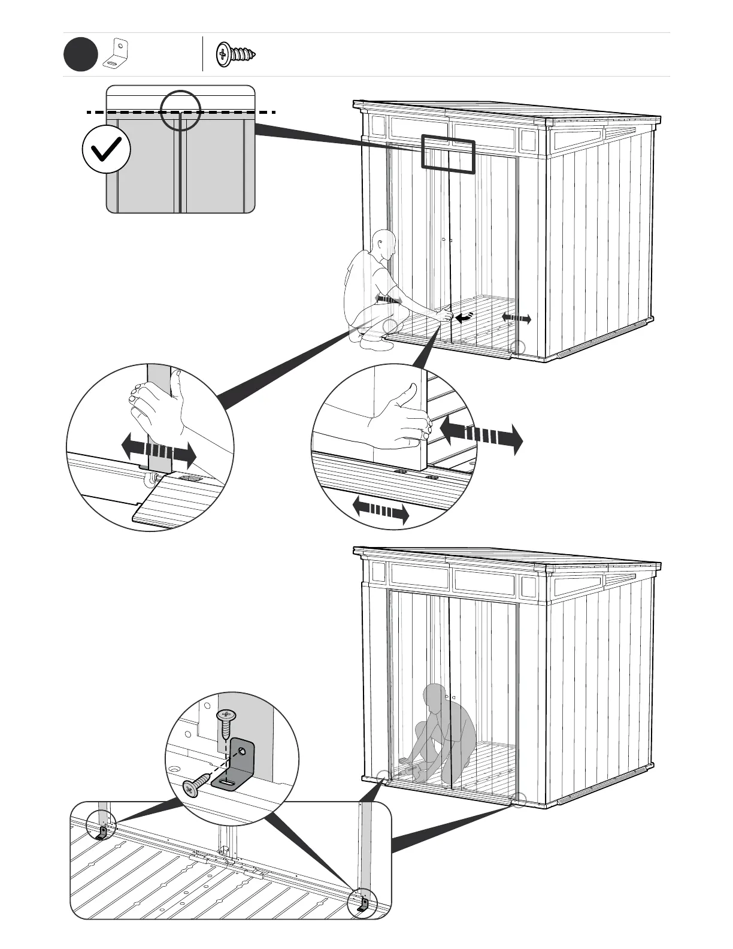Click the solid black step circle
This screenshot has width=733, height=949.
point(80,55)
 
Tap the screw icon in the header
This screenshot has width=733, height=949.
point(235,55)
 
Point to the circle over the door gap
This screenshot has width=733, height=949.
point(180,110)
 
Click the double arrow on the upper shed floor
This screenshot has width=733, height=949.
point(516,318)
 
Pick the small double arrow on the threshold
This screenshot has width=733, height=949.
point(380,510)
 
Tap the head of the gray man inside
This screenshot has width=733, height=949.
point(434,697)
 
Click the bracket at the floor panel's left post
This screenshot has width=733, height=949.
point(102,833)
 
